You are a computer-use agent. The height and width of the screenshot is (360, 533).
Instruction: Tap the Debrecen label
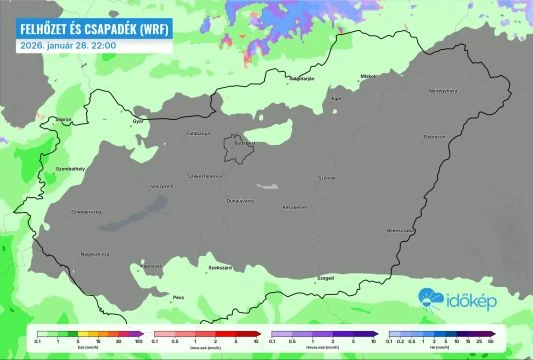pos(434,136)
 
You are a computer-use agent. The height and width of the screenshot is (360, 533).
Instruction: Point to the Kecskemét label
pos(293,207)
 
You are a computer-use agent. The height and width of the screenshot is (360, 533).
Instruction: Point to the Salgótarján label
pos(300,77)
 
